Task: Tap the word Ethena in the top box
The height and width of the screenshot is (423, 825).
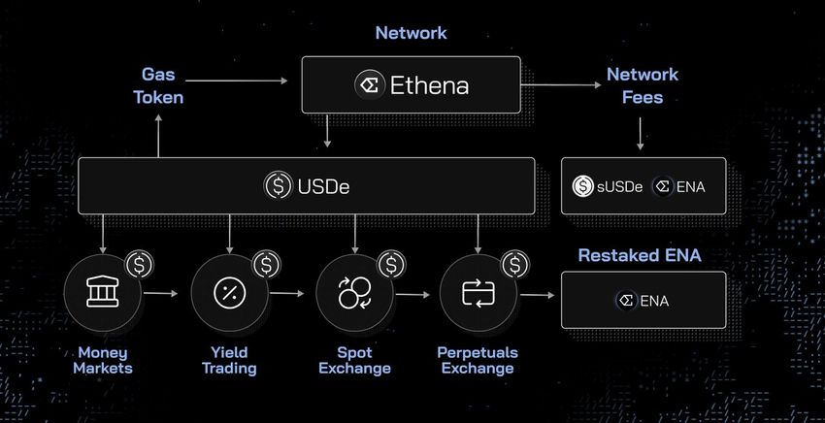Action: click(429, 85)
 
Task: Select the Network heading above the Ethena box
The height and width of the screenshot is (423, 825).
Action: click(412, 33)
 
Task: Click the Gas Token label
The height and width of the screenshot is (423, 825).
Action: click(162, 85)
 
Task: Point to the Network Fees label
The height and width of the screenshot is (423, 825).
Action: click(643, 85)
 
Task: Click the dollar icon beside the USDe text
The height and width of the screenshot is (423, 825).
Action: click(279, 184)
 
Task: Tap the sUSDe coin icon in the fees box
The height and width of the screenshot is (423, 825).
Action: click(583, 185)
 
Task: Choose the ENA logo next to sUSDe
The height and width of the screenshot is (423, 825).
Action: click(664, 185)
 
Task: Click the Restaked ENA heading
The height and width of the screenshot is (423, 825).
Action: click(640, 256)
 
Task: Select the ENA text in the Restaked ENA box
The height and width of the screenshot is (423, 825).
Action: click(654, 301)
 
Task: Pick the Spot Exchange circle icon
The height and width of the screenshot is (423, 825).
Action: click(354, 294)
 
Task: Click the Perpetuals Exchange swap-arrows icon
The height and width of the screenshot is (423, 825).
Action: click(478, 292)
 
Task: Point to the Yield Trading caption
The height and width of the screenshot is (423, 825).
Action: click(230, 360)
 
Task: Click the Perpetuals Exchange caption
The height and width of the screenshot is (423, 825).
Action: click(478, 360)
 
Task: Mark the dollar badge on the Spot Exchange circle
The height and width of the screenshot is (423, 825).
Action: click(391, 264)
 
